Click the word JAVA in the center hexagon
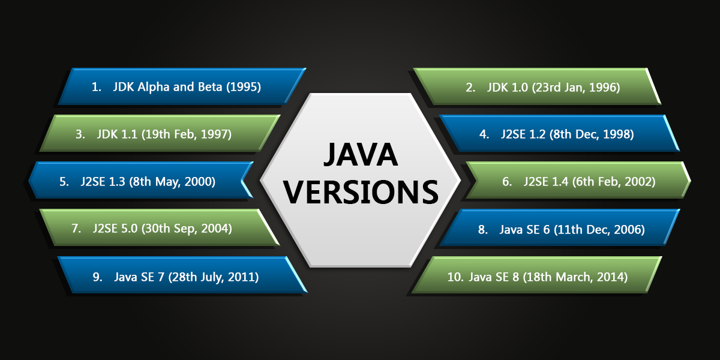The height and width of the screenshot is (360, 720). pyautogui.click(x=361, y=155)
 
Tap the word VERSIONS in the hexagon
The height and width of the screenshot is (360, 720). pyautogui.click(x=361, y=192)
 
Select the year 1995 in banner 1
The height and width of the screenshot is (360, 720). pyautogui.click(x=244, y=87)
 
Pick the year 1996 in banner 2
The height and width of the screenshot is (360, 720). pyautogui.click(x=602, y=88)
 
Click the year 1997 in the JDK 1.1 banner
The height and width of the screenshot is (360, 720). pyautogui.click(x=214, y=134)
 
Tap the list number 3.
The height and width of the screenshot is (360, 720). pyautogui.click(x=80, y=134)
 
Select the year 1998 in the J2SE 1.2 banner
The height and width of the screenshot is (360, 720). pyautogui.click(x=616, y=134)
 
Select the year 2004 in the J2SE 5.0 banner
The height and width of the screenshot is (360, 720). pyautogui.click(x=214, y=229)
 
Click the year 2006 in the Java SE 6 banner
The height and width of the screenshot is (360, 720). pyautogui.click(x=627, y=229)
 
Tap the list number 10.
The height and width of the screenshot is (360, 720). pyautogui.click(x=455, y=277)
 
